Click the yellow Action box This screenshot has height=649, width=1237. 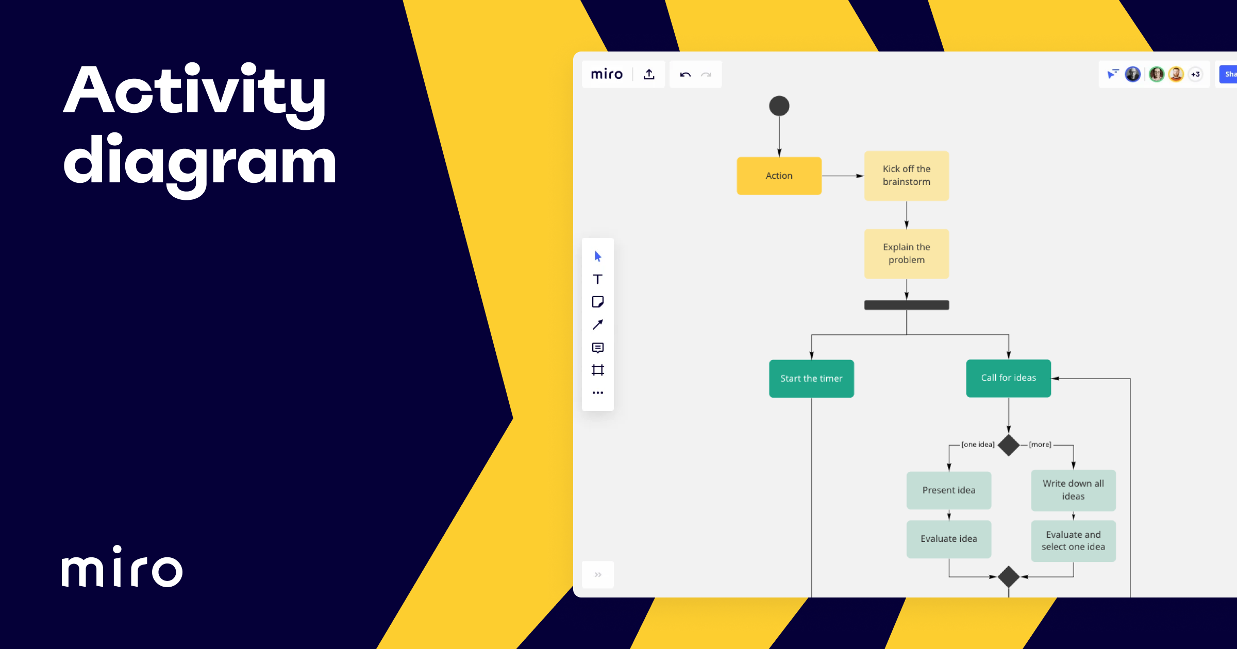(x=779, y=176)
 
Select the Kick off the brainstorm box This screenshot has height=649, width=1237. (x=906, y=176)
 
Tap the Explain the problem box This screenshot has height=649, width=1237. (x=906, y=253)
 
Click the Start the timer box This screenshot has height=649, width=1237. (x=811, y=379)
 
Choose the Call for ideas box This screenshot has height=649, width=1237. (x=1008, y=378)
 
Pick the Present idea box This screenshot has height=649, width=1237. (x=948, y=490)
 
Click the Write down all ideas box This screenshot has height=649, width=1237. (x=1073, y=490)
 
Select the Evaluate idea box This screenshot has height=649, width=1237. (x=948, y=539)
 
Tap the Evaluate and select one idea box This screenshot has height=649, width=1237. (x=1073, y=541)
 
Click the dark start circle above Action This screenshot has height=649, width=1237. (x=779, y=106)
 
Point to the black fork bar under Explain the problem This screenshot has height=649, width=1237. (x=906, y=305)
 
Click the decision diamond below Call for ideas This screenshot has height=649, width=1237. (x=1008, y=445)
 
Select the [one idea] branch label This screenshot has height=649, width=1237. (x=978, y=445)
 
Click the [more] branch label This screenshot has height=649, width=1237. (x=1040, y=445)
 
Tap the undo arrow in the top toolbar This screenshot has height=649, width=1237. (x=685, y=75)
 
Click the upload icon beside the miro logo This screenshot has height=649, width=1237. (x=649, y=75)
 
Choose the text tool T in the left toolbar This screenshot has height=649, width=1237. (x=597, y=279)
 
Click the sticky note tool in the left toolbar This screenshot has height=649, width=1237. (x=597, y=302)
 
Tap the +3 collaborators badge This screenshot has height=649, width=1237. (x=1195, y=74)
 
